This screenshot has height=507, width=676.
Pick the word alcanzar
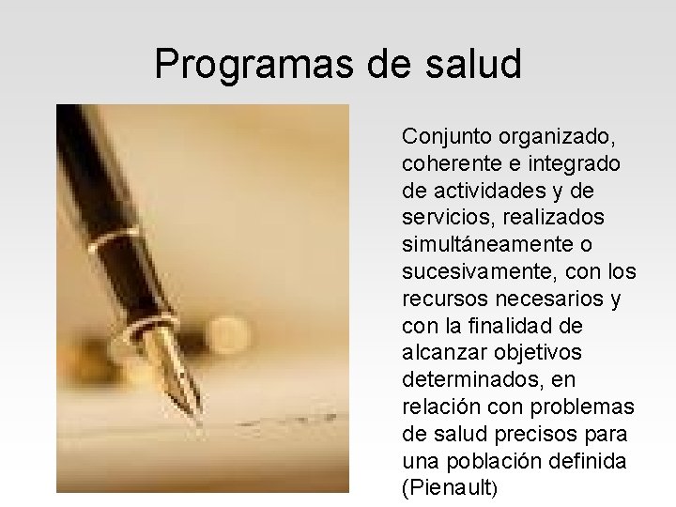tap(438, 354)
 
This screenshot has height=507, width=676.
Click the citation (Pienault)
tap(449, 489)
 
